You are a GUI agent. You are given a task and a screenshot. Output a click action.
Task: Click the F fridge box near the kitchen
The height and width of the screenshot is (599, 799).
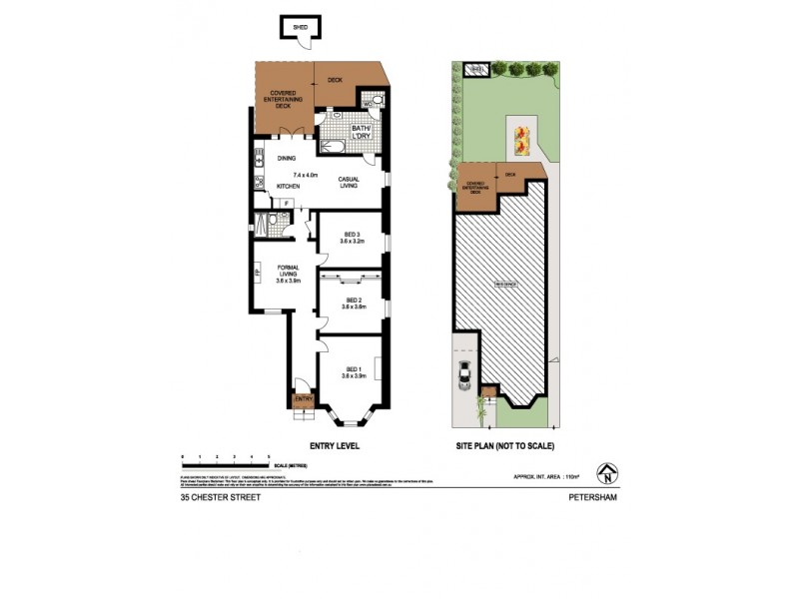coord(288,204)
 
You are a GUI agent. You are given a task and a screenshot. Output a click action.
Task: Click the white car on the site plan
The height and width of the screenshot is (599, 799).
coord(464,375)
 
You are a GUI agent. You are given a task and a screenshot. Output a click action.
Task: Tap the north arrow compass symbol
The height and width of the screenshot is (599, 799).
coord(604,471)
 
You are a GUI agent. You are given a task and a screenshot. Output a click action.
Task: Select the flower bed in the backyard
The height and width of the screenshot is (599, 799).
coord(521,141)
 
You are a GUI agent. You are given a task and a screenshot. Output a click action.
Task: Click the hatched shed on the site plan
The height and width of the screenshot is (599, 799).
coord(476,69)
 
